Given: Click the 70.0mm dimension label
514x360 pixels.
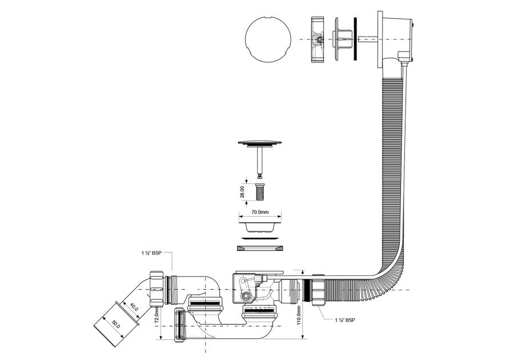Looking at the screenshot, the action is (x=260, y=212).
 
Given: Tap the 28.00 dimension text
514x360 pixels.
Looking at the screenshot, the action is (x=242, y=192).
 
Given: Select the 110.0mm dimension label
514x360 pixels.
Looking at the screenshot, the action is (x=298, y=315).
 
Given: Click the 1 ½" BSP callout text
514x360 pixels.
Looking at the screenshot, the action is (x=151, y=253).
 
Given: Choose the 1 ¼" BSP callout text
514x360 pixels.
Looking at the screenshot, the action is (x=345, y=319).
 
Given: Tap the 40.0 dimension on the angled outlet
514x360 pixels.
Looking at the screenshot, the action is (x=134, y=307).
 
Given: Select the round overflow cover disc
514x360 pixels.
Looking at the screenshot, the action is (x=268, y=39).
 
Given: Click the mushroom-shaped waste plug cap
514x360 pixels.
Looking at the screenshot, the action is (x=260, y=143).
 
